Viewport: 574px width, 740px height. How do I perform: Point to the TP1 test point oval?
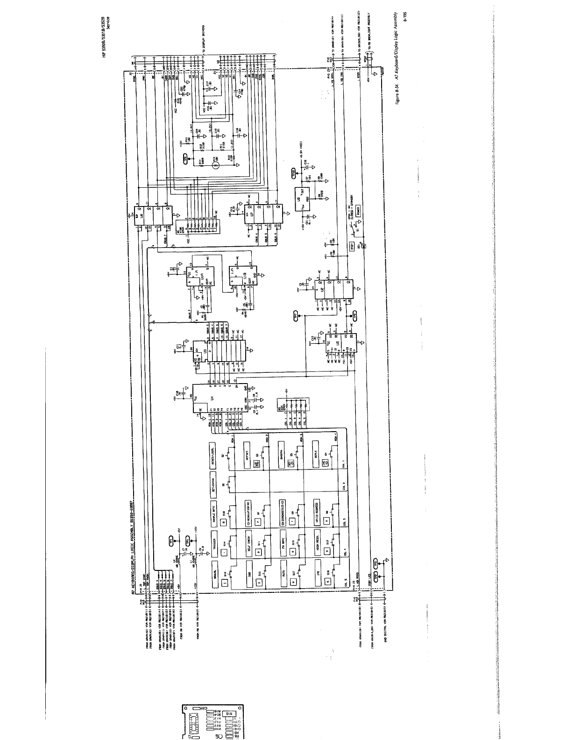point(171,541)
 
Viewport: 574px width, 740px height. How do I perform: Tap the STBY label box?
point(353,247)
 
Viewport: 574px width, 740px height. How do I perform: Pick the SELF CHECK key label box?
point(249,542)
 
